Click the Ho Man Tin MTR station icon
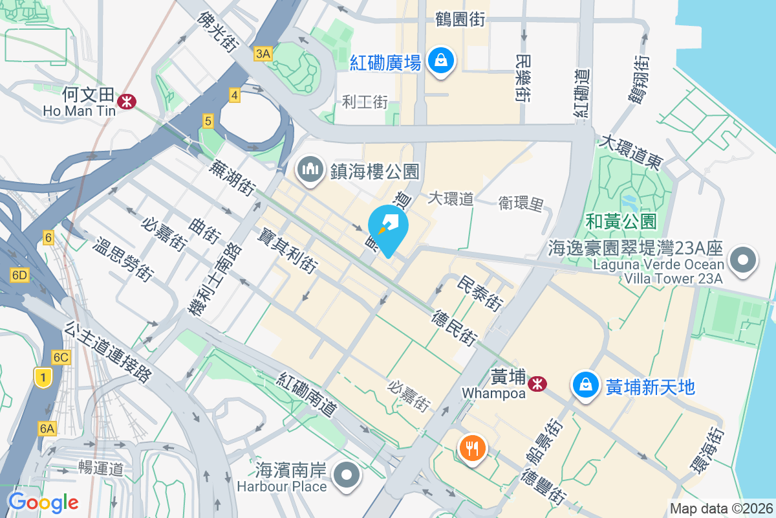tap(127, 100)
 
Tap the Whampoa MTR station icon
tap(536, 384)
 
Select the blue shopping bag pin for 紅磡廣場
tap(440, 62)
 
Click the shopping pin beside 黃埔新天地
tap(585, 385)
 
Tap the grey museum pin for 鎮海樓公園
tap(310, 170)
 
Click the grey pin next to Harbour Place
tap(347, 476)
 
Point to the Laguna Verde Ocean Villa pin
tap(742, 262)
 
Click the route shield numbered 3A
tap(263, 54)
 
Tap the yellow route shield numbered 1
tap(43, 377)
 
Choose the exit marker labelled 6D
tap(20, 275)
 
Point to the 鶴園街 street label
tap(460, 20)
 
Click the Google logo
tap(43, 502)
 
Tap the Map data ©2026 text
tap(720, 508)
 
